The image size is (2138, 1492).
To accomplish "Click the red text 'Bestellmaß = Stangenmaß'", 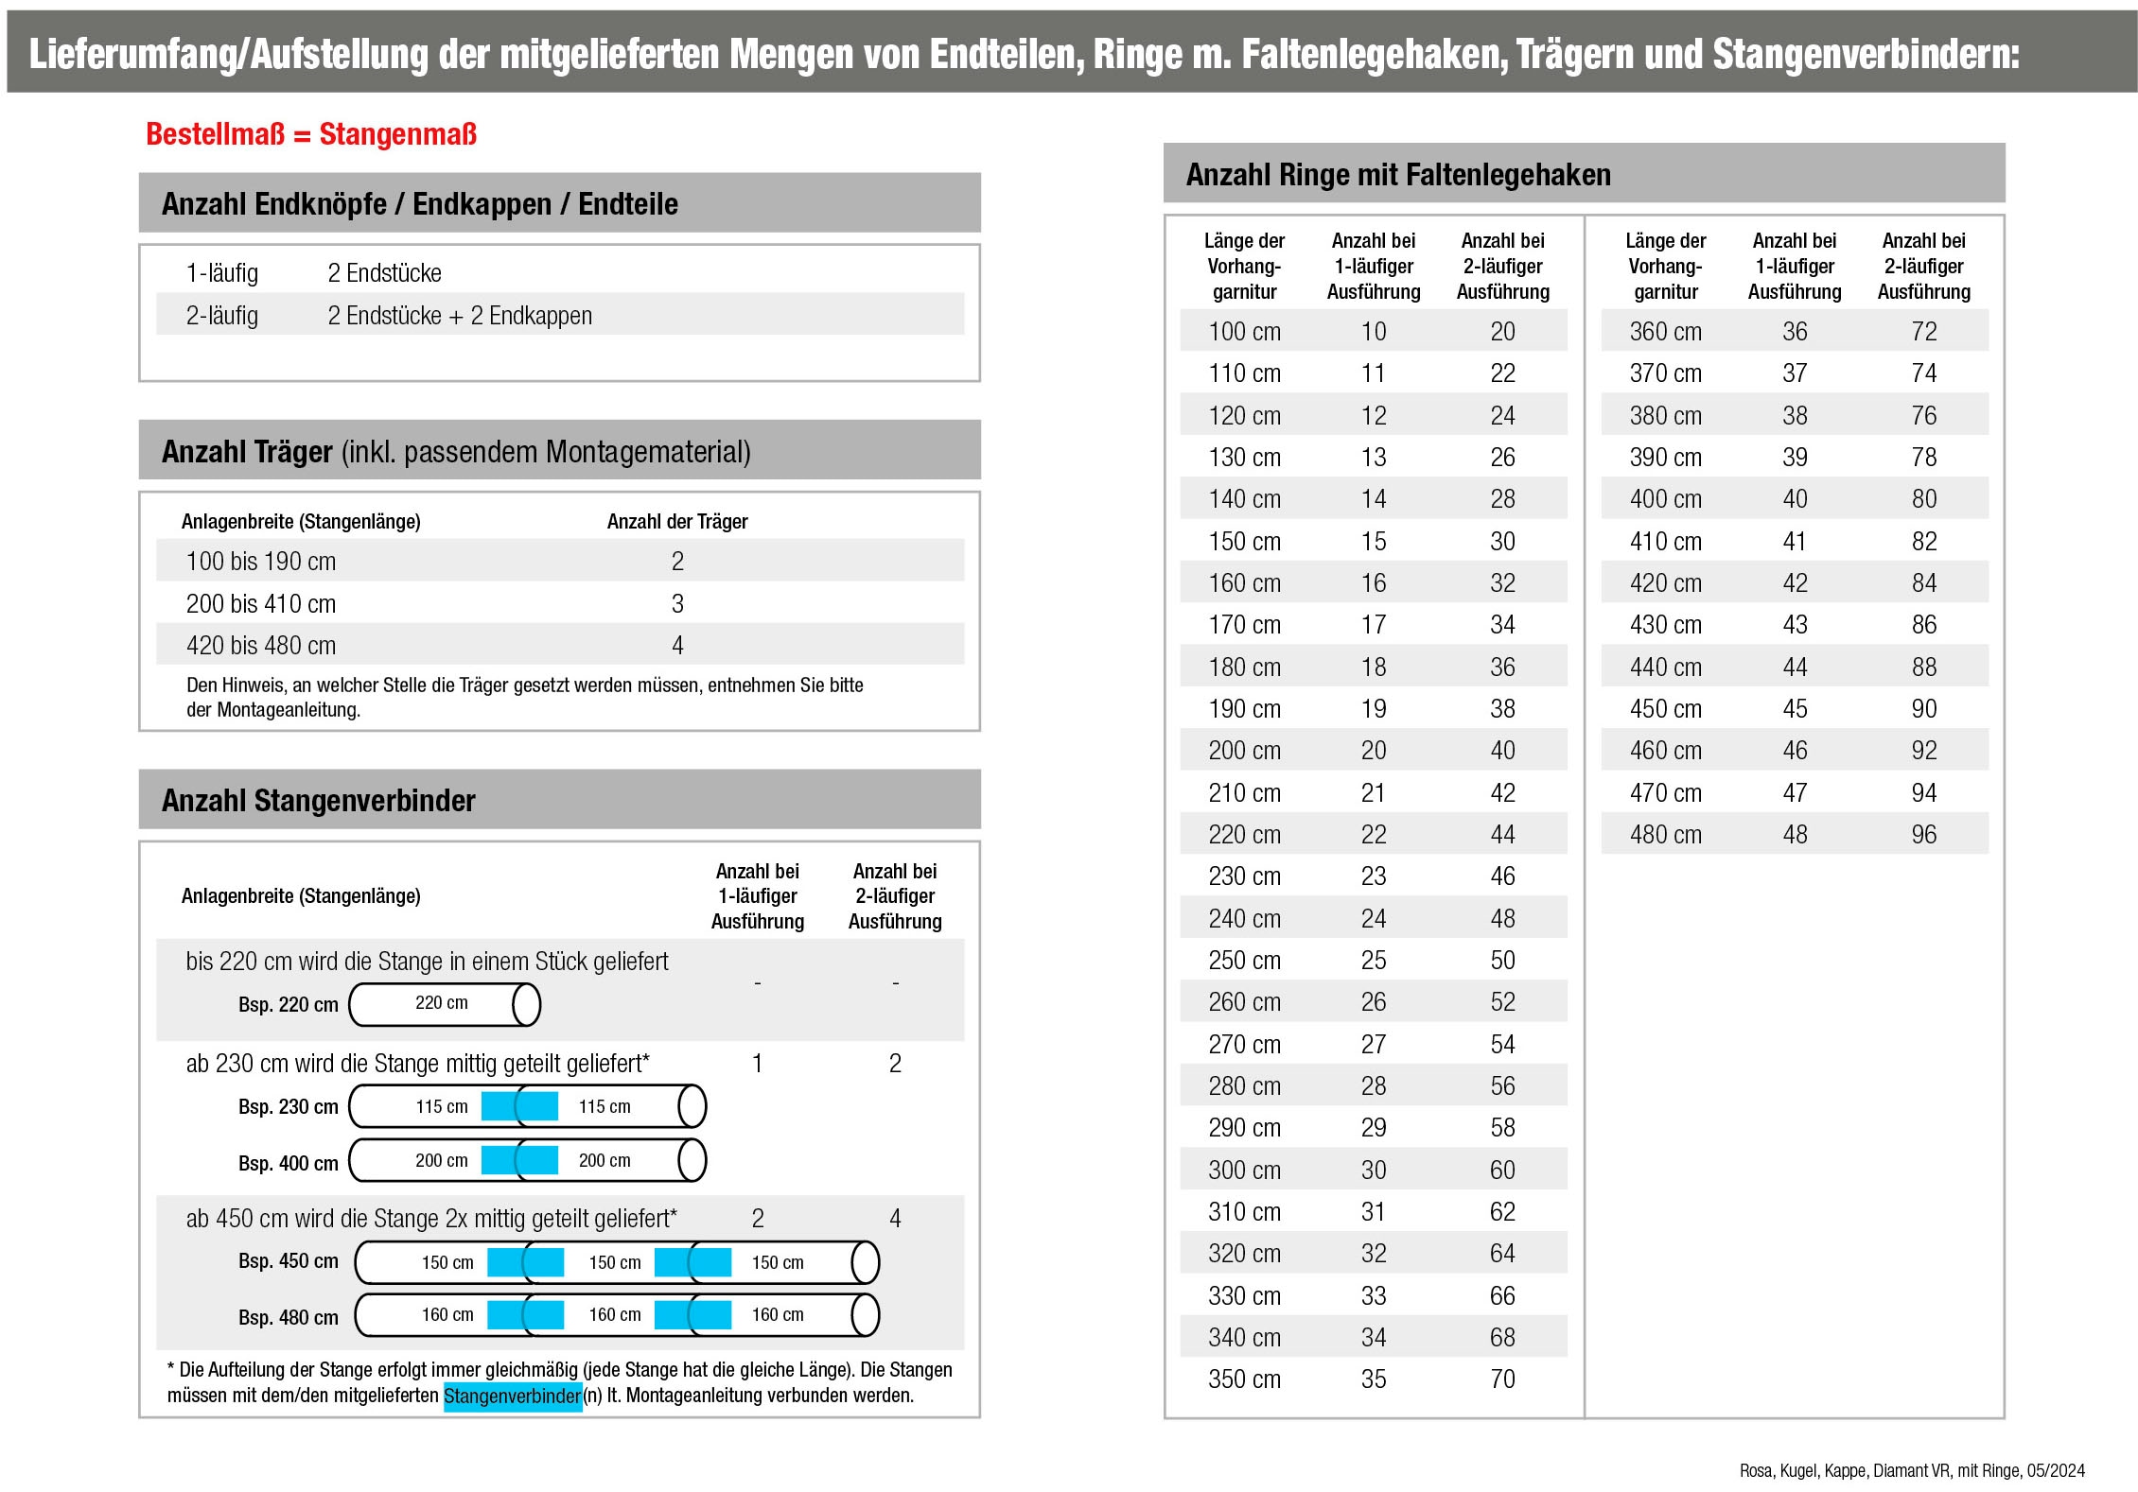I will [310, 134].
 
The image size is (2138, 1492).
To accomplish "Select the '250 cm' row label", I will [1244, 961].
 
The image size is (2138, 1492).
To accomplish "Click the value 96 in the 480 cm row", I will [1923, 835].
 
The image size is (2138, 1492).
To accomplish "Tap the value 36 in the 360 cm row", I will [1794, 332].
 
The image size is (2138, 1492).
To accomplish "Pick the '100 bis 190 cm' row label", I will [261, 562].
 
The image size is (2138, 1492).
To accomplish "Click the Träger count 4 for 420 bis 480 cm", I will [677, 646].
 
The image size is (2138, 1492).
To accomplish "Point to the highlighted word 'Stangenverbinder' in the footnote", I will [512, 1396].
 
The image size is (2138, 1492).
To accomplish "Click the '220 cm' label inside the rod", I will [441, 1003].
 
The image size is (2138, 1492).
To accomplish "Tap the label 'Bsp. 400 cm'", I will [288, 1163].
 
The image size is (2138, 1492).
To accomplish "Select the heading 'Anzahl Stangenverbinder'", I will [318, 801].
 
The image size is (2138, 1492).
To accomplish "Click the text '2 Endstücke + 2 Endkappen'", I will [460, 316].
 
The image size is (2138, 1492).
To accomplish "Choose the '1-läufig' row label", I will [222, 273].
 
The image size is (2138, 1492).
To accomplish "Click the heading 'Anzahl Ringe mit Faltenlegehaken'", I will [1397, 175].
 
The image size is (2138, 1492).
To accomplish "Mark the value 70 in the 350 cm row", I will [1502, 1379].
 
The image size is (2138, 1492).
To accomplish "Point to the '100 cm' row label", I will [1244, 332].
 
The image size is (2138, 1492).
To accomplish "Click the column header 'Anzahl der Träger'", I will [677, 521].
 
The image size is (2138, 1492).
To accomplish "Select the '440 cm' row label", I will [1665, 668].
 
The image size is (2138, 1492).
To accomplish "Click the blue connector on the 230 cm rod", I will [519, 1106].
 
